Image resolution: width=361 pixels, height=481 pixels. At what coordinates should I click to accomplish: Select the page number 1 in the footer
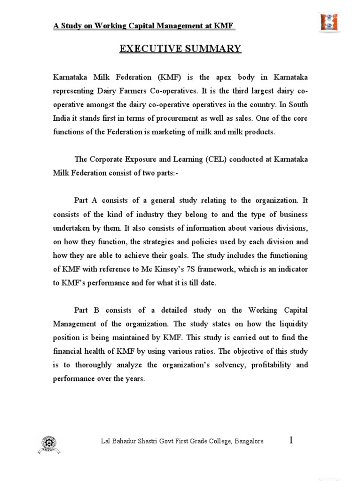(x=291, y=440)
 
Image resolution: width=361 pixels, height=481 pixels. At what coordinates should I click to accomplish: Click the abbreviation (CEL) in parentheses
(x=217, y=160)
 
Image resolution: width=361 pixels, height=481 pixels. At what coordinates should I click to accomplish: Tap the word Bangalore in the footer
(x=248, y=442)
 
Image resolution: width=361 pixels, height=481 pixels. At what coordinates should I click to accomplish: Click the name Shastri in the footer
(x=152, y=442)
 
